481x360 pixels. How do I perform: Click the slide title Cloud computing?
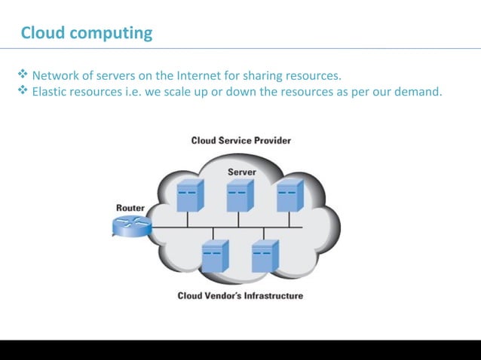coord(86,33)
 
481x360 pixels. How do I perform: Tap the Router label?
coord(130,208)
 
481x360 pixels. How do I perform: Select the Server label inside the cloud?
coord(241,172)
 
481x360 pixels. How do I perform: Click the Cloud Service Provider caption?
coord(240,140)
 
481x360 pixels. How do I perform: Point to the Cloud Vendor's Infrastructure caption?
coord(240,296)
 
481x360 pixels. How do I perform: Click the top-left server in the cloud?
coord(189,195)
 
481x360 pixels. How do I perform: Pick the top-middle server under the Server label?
coord(240,195)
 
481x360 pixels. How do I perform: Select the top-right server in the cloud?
coord(290,195)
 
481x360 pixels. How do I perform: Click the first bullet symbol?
coord(22,75)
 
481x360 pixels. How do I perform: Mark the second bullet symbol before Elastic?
coord(22,91)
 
